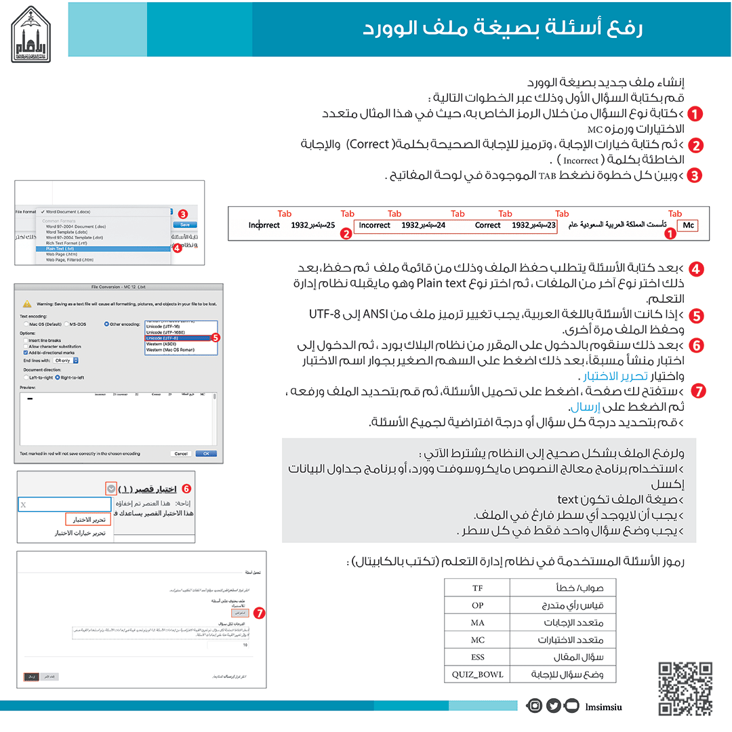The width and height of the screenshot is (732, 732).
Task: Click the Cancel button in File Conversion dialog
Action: [x=181, y=453]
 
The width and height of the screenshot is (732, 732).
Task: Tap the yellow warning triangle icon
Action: [x=26, y=304]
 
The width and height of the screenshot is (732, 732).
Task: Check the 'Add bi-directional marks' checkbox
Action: [x=24, y=352]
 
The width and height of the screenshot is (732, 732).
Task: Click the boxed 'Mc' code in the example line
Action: [x=688, y=225]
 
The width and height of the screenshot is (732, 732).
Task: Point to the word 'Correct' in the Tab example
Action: [x=487, y=225]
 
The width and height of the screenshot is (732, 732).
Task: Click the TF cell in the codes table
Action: [x=477, y=587]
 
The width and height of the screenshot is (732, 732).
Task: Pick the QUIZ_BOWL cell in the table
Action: [x=477, y=674]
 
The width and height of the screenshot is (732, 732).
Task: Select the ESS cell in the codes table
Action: [x=477, y=657]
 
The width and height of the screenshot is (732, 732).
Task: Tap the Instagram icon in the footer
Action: [x=535, y=706]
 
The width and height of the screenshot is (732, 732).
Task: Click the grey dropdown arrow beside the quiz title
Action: [x=111, y=488]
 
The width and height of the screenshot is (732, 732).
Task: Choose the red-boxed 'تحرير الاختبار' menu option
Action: [x=88, y=519]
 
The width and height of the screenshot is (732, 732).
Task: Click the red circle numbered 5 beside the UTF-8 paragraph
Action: [x=695, y=316]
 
